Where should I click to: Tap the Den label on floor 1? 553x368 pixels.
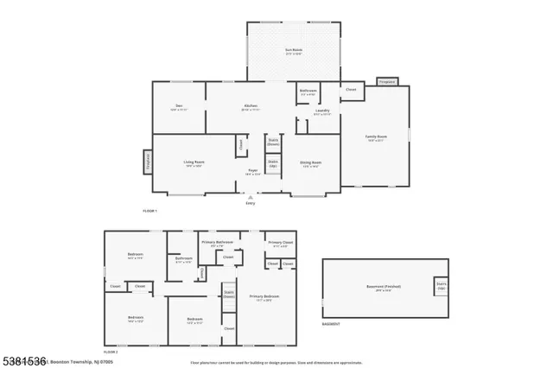[179, 107]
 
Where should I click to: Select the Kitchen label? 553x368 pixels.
[251, 107]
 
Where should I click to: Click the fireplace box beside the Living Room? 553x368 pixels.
[148, 162]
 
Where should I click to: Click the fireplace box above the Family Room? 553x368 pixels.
[386, 82]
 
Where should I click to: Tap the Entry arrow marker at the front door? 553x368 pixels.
[251, 196]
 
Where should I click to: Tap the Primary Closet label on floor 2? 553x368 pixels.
[278, 244]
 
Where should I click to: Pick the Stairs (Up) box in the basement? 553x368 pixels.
[442, 286]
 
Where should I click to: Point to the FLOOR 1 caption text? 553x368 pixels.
[150, 211]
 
